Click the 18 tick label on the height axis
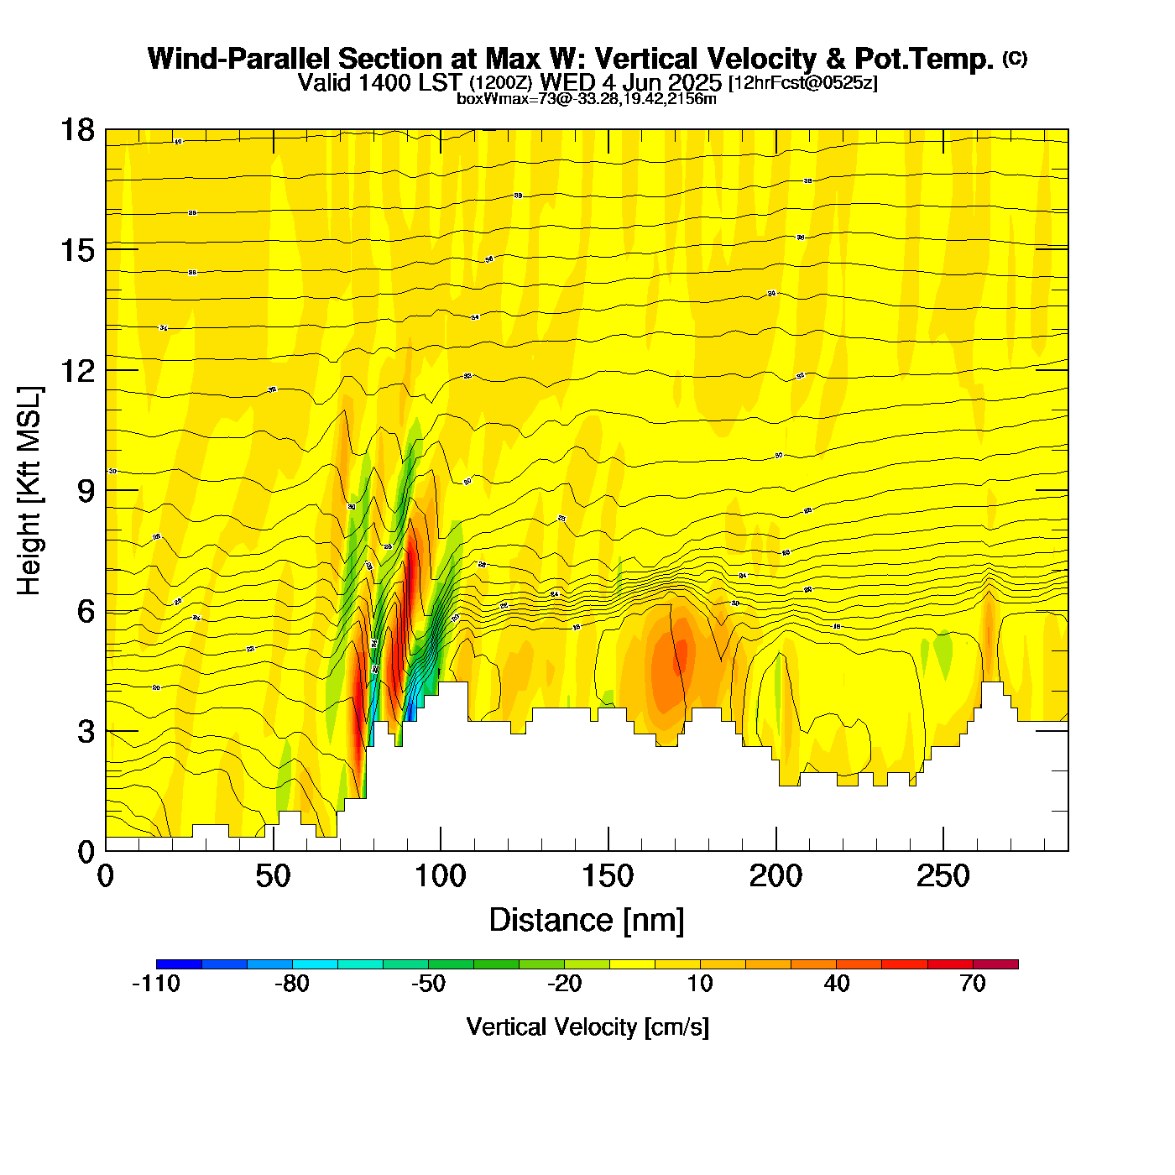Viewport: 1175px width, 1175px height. (x=76, y=130)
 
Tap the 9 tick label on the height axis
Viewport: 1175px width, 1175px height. (x=86, y=491)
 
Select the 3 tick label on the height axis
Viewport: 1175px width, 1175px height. (x=86, y=732)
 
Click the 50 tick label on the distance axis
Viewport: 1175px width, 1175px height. (x=273, y=877)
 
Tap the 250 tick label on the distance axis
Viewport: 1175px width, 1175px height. (x=943, y=877)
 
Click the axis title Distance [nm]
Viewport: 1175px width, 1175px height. (x=587, y=921)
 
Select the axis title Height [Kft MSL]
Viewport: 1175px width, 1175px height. (x=29, y=491)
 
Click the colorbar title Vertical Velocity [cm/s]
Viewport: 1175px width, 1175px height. (x=587, y=1026)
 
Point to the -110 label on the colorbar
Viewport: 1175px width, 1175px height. (x=156, y=984)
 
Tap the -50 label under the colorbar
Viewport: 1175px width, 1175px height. (x=428, y=984)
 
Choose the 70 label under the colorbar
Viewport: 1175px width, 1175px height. (x=973, y=984)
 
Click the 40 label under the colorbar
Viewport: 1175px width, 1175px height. (x=837, y=984)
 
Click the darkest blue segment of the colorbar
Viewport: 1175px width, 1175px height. (x=179, y=964)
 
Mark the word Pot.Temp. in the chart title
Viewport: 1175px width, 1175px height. (x=924, y=59)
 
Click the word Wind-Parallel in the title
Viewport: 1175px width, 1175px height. (x=239, y=59)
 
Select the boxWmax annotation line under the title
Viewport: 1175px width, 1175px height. (x=587, y=99)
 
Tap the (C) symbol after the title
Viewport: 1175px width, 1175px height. (x=1015, y=58)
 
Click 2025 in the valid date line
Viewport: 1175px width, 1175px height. (x=691, y=82)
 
